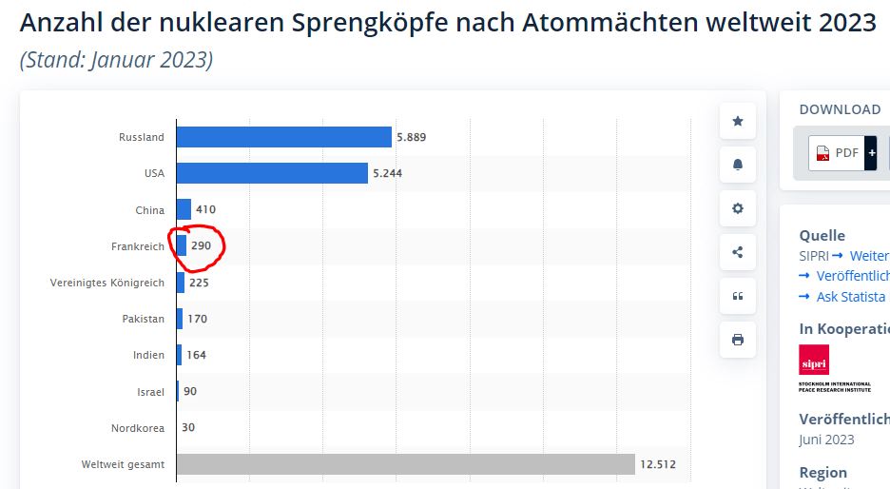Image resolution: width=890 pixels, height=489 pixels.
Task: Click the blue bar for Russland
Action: (x=283, y=137)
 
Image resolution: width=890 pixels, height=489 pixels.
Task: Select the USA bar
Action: (x=272, y=173)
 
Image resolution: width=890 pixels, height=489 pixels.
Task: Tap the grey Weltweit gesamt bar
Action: (x=405, y=464)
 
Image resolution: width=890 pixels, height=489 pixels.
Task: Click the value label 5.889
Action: (x=411, y=137)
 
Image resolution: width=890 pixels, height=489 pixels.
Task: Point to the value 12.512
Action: (x=658, y=464)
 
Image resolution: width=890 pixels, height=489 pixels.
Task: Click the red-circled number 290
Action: (x=201, y=246)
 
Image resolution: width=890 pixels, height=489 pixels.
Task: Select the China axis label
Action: (x=149, y=210)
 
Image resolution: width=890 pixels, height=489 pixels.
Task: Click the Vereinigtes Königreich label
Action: (x=107, y=283)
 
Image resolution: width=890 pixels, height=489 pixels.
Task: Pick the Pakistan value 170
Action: (x=197, y=319)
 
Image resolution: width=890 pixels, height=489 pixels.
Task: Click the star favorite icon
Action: (x=738, y=121)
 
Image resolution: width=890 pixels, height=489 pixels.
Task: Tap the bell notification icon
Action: (x=738, y=165)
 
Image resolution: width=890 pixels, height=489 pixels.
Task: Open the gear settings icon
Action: (x=738, y=208)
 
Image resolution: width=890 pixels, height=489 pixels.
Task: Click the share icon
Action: (x=738, y=252)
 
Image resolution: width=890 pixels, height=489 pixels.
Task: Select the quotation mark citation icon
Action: (x=738, y=296)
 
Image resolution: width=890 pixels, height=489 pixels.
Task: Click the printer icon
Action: (x=738, y=340)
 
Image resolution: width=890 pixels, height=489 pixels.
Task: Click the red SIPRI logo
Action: (x=814, y=360)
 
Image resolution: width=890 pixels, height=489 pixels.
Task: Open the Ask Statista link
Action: (x=850, y=297)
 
